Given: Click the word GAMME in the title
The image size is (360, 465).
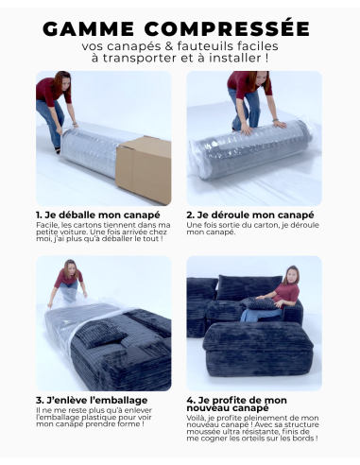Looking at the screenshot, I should (93, 28).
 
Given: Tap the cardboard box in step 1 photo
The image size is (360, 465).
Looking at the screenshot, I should (144, 168).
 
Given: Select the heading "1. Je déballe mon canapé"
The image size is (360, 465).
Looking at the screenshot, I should (89, 215).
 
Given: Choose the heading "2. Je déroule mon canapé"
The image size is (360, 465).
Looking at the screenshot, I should (249, 215).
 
